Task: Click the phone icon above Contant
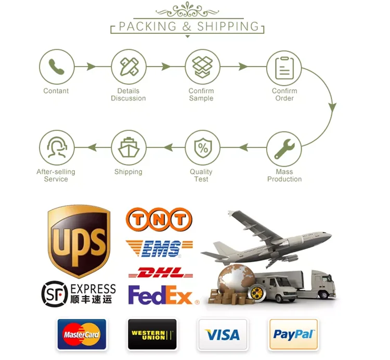[56, 67]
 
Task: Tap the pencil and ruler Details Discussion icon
[128, 67]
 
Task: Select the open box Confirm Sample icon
[202, 67]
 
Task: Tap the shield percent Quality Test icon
[202, 148]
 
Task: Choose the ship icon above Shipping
[128, 148]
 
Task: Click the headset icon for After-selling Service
[57, 148]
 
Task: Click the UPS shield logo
[79, 240]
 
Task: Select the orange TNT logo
[159, 219]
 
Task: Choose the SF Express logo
[79, 293]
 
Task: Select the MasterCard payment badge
[81, 334]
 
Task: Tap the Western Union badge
[152, 334]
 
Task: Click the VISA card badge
[223, 334]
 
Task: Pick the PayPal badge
[293, 334]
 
